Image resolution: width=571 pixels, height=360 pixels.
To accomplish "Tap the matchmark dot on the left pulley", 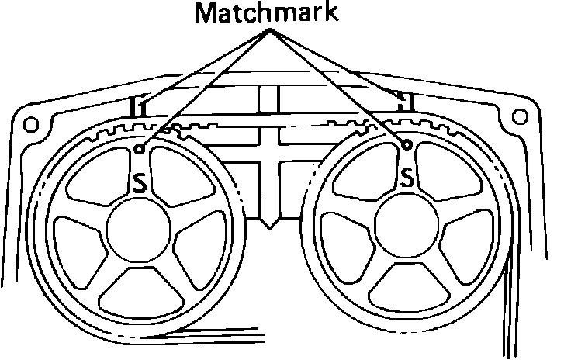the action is (138, 147).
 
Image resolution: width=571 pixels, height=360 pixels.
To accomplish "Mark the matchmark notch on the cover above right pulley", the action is (402, 100).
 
